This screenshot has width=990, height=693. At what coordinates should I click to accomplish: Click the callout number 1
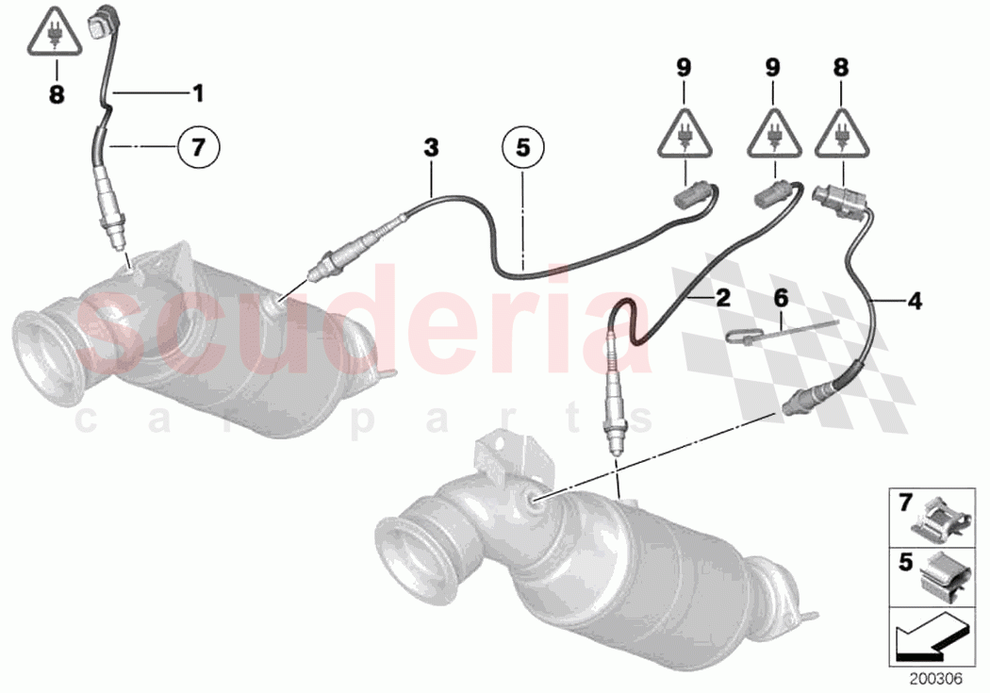pyautogui.click(x=198, y=92)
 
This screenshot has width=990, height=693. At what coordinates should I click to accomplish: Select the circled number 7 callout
pyautogui.click(x=198, y=147)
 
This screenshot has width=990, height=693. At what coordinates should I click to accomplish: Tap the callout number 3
pyautogui.click(x=431, y=147)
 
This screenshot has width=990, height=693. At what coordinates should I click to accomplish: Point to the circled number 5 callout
pyautogui.click(x=522, y=147)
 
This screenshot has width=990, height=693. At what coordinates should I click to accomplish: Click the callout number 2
pyautogui.click(x=722, y=299)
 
